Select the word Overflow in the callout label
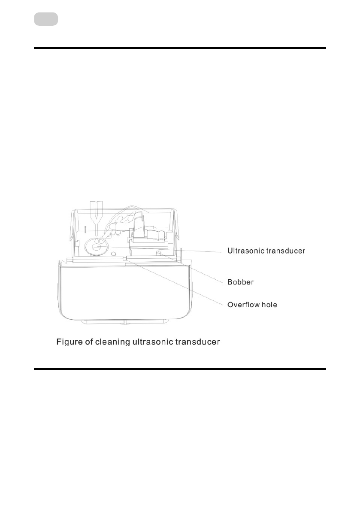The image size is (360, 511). point(242,305)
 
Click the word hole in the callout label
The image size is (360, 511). point(269,305)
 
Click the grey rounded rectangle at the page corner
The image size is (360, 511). point(46,19)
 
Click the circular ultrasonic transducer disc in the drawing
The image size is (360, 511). point(95,248)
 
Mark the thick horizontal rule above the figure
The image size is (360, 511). point(180,48)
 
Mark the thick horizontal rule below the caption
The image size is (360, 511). point(180,368)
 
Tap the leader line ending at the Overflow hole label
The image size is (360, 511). point(180,283)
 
